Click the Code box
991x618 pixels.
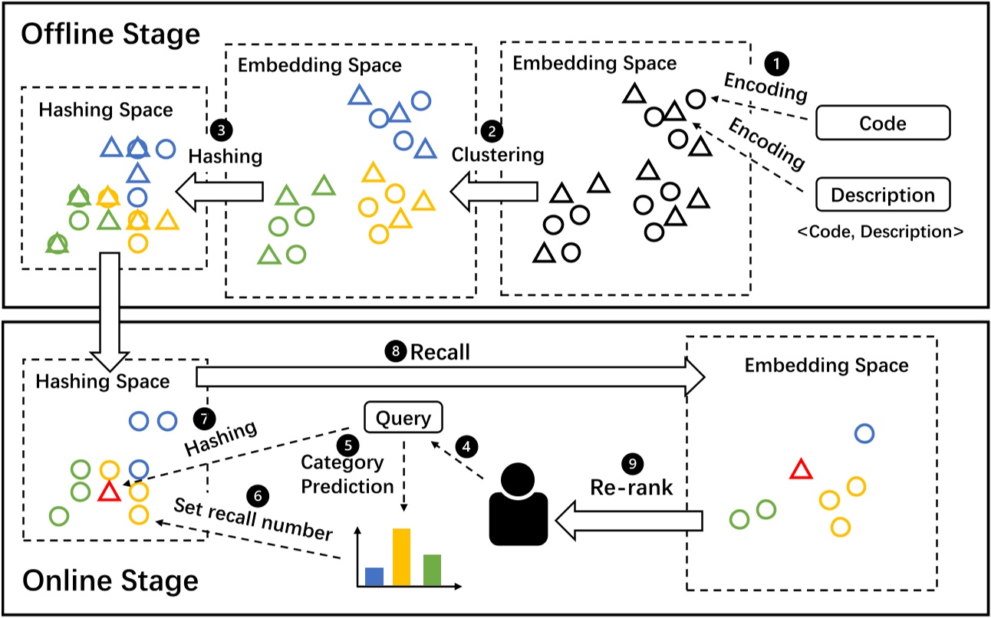883,123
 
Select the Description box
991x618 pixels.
883,194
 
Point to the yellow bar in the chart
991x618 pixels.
403,557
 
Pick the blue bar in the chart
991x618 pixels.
374,577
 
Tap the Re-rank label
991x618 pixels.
630,488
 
